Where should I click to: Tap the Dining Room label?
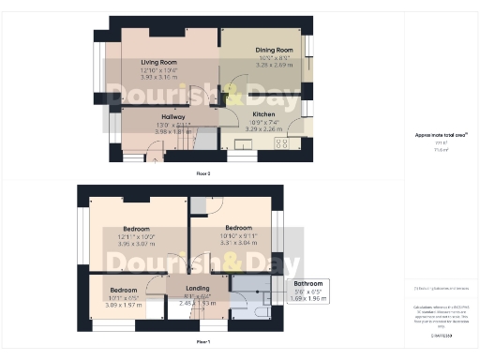[274, 50]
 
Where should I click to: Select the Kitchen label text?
[262, 113]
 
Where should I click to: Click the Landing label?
[198, 288]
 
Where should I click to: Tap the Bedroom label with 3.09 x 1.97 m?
[121, 291]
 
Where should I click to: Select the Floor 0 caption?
[203, 174]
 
